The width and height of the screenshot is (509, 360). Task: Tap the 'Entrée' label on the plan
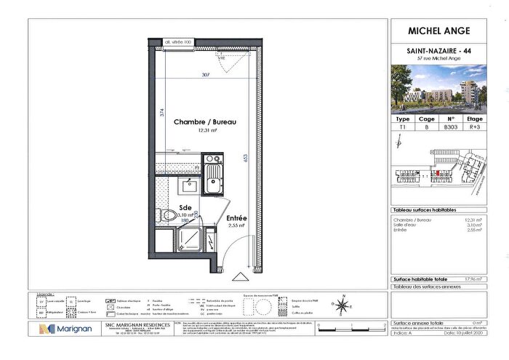click(x=237, y=218)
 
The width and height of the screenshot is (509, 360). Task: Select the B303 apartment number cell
click(x=451, y=126)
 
